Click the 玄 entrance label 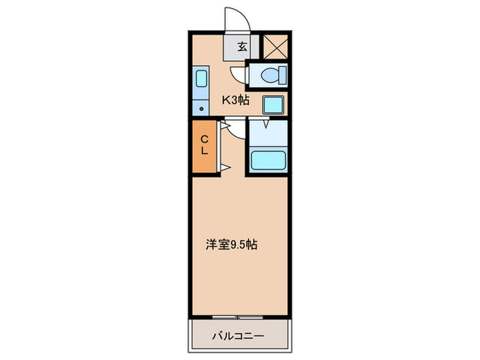point(243,47)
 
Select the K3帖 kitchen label point(234,101)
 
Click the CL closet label point(204,145)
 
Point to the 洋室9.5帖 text point(232,244)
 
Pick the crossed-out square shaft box point(275,46)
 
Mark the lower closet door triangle point(224,167)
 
